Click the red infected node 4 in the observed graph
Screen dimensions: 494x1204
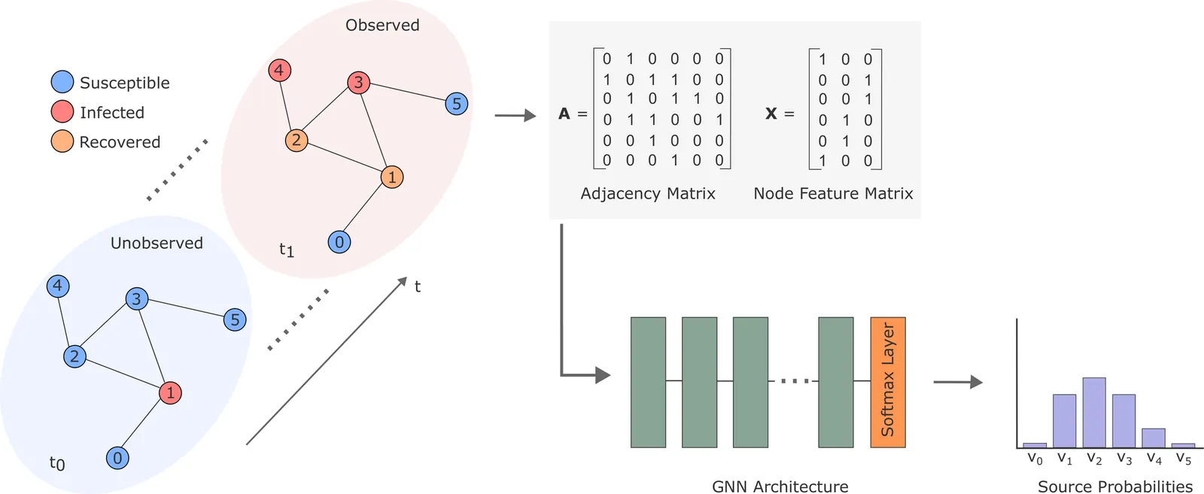279,71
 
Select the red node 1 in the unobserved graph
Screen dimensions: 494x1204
170,392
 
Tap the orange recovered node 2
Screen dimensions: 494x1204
296,140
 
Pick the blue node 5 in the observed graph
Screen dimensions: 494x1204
456,104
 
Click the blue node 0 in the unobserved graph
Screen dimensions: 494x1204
117,458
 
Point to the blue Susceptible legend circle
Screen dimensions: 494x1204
62,82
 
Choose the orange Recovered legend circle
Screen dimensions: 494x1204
62,141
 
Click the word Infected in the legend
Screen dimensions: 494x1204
112,113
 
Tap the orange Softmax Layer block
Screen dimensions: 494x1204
887,382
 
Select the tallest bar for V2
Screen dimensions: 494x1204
1093,412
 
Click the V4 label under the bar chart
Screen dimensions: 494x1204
1154,459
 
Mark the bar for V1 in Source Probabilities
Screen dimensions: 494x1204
1064,420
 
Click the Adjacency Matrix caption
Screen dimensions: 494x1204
648,194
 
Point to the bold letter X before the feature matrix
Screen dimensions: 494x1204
771,114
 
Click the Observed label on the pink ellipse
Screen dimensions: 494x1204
382,26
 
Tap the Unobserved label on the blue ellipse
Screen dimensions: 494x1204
157,244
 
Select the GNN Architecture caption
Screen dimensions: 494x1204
780,486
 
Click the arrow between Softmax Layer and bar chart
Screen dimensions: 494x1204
957,382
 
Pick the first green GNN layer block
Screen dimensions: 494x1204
648,382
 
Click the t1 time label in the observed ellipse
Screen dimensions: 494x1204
287,250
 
